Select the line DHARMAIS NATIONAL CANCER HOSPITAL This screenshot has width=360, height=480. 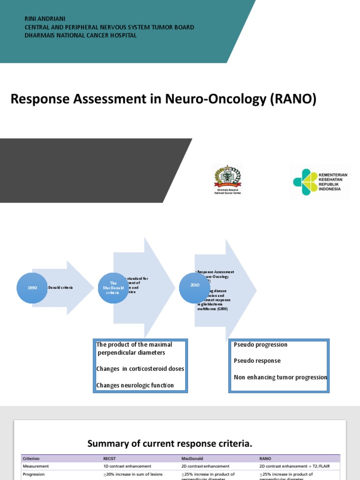pos(81,35)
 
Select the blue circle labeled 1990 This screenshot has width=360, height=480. pos(32,287)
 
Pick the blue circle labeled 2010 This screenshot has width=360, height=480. pos(195,285)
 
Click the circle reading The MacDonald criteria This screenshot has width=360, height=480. pos(112,287)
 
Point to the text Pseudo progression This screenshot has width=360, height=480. pos(261,345)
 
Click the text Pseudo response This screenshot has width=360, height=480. pos(257,361)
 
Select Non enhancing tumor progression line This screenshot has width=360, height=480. pos(280,377)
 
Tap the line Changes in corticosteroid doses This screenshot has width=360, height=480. pos(140,369)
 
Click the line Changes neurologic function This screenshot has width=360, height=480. pos(135,385)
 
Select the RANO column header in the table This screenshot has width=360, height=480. pos(266,458)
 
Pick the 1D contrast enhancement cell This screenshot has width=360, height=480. pos(127,466)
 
